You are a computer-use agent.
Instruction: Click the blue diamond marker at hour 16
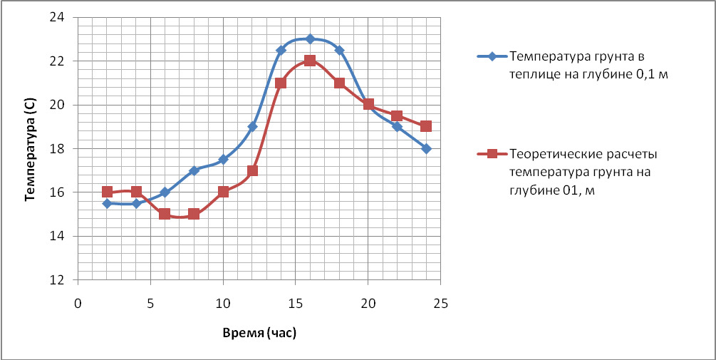pos(310,39)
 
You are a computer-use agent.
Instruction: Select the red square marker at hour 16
pos(310,61)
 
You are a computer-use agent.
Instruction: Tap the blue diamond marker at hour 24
pos(426,148)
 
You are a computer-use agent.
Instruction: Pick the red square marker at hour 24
pos(426,126)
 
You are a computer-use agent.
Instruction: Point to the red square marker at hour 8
pos(194,214)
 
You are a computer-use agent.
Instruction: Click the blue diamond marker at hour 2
pos(107,203)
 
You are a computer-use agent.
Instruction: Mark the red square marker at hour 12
pos(252,170)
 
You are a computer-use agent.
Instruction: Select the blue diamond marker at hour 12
pos(252,127)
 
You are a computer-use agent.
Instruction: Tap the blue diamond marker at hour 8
pos(194,170)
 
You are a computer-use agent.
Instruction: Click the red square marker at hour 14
pos(281,83)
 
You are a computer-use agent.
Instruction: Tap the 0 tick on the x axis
pos(78,303)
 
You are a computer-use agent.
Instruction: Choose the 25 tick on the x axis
pos(441,303)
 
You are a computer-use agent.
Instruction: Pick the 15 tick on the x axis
pos(296,303)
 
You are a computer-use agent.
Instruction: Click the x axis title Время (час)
pos(259,333)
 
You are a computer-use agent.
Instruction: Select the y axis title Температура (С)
pos(30,149)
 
